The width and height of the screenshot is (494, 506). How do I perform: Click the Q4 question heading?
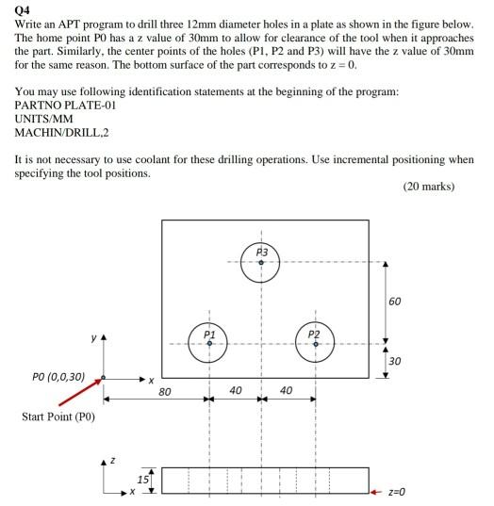click(24, 11)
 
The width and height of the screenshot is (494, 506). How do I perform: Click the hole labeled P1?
click(209, 344)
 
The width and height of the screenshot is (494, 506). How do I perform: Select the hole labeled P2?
click(315, 344)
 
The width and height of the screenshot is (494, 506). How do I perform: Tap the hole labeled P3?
click(261, 262)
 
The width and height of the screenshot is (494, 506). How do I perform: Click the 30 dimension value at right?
click(393, 362)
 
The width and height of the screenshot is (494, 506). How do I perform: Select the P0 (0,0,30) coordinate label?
click(56, 377)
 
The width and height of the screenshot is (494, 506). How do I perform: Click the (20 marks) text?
click(428, 186)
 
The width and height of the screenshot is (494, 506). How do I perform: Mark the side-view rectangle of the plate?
click(264, 480)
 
